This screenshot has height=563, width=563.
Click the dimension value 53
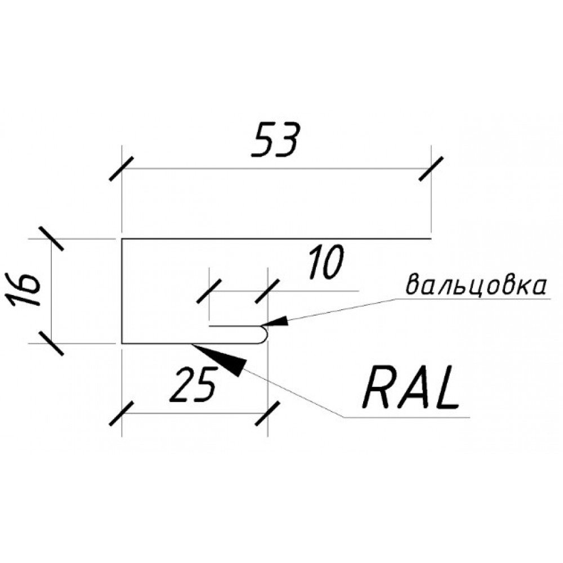pyautogui.click(x=275, y=140)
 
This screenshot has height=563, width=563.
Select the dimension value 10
pyautogui.click(x=325, y=262)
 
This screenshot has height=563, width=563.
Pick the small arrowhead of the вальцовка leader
pyautogui.click(x=275, y=321)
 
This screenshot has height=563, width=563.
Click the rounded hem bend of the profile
pyautogui.click(x=264, y=334)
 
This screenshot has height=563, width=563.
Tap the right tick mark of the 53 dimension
pyautogui.click(x=431, y=169)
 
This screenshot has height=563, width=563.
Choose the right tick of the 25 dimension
pyautogui.click(x=267, y=414)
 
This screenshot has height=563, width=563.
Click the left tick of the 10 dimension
pyautogui.click(x=209, y=291)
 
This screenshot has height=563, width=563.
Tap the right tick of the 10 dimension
pyautogui.click(x=267, y=291)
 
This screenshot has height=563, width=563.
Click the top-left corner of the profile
pyautogui.click(x=122, y=239)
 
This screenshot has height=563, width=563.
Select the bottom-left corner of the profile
pyautogui.click(x=122, y=343)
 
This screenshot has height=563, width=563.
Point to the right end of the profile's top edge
pyautogui.click(x=431, y=239)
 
